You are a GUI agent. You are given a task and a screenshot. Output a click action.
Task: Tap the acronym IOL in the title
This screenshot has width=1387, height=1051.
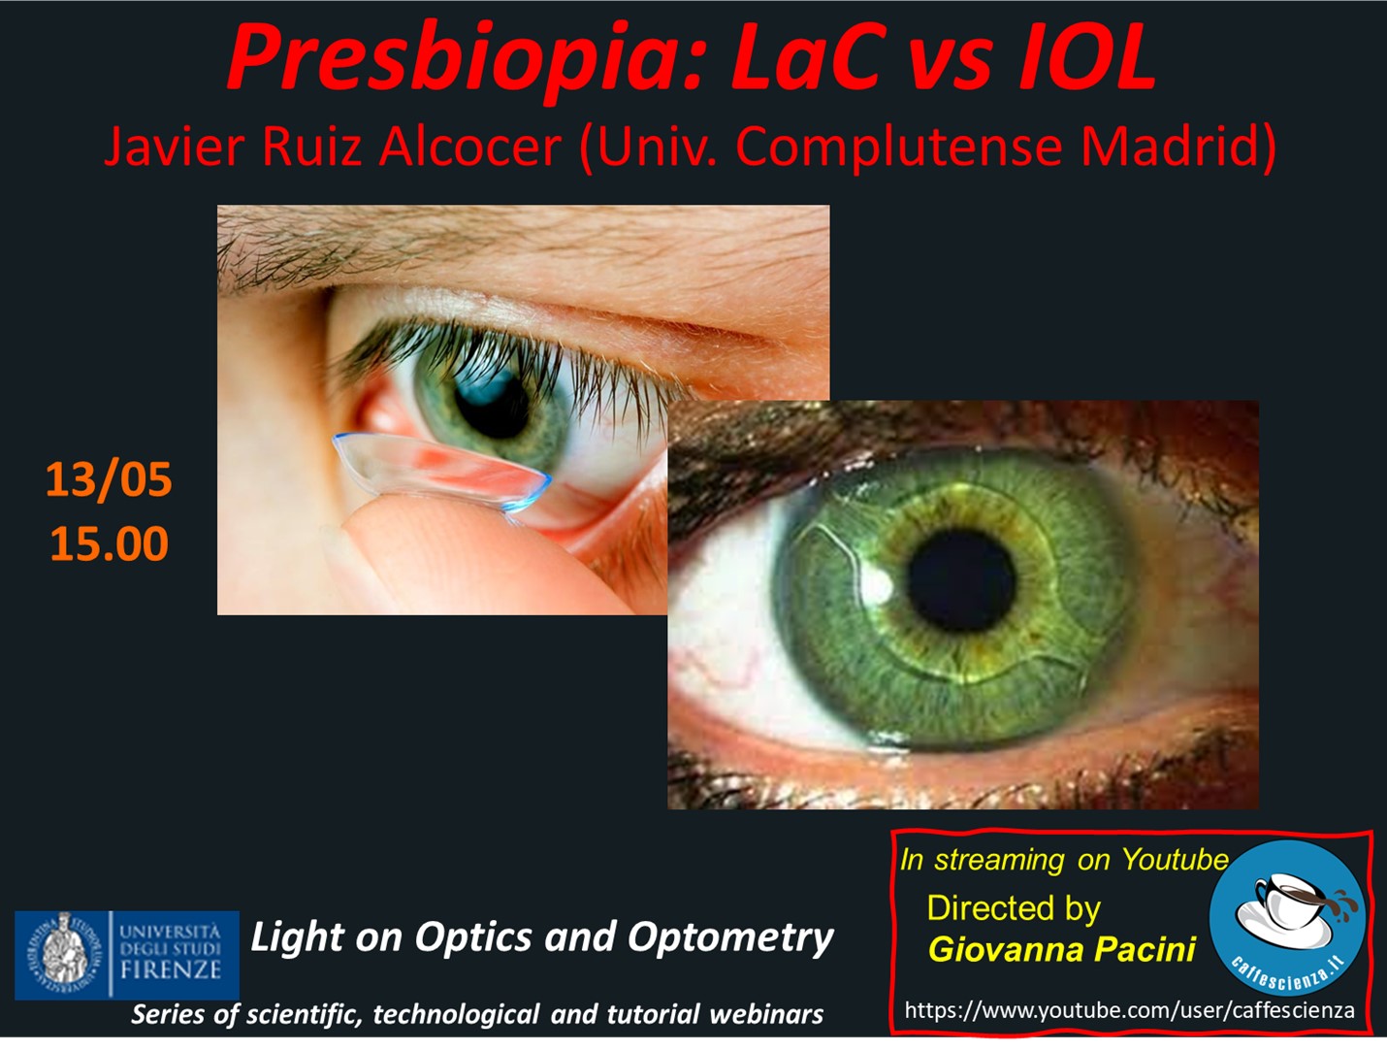1087,58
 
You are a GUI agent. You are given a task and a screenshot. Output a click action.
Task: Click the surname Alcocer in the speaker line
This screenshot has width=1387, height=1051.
470,147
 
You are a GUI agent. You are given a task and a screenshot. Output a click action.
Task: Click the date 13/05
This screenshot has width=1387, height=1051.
109,479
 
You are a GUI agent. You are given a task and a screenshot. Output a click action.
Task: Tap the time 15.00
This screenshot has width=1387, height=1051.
110,543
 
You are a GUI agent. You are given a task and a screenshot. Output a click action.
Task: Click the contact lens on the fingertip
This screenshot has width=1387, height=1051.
441,471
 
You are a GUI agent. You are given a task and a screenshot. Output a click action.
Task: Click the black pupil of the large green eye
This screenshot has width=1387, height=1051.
961,580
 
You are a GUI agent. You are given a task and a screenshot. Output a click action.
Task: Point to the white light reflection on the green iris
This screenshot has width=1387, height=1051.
878,584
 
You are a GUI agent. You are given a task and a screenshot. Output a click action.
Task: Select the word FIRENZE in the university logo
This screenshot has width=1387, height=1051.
171,970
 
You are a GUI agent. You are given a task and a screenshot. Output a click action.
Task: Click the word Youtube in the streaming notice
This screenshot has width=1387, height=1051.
1176,860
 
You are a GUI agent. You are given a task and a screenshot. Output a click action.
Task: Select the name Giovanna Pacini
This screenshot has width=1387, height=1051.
1062,949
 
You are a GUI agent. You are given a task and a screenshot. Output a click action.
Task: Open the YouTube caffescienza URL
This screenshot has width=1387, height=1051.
1129,1010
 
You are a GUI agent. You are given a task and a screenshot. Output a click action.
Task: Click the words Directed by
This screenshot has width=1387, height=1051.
1014,908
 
